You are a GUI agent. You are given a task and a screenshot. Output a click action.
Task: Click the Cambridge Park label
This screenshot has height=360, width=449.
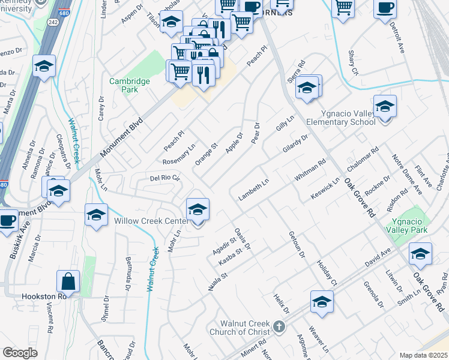124,85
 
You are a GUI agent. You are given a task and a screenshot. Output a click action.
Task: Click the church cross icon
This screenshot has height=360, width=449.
277,326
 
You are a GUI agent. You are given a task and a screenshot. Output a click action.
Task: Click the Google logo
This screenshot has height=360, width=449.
20,353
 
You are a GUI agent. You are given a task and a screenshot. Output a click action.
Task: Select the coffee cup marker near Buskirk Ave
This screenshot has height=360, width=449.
7,220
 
